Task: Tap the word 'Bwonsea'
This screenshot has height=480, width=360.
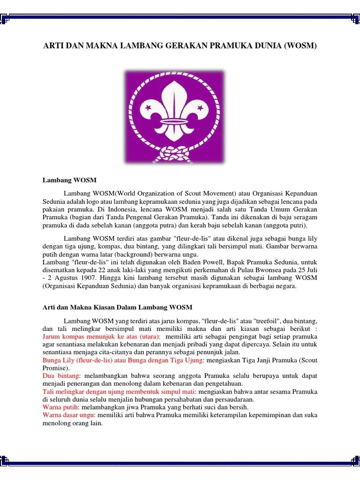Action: coord(245,270)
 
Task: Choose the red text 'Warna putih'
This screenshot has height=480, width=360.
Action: coord(60,407)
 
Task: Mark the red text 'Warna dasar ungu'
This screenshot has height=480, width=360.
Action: coord(68,415)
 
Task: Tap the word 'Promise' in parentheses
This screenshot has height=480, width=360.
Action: coord(52,368)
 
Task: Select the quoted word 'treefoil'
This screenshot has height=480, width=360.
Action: coord(254,321)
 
